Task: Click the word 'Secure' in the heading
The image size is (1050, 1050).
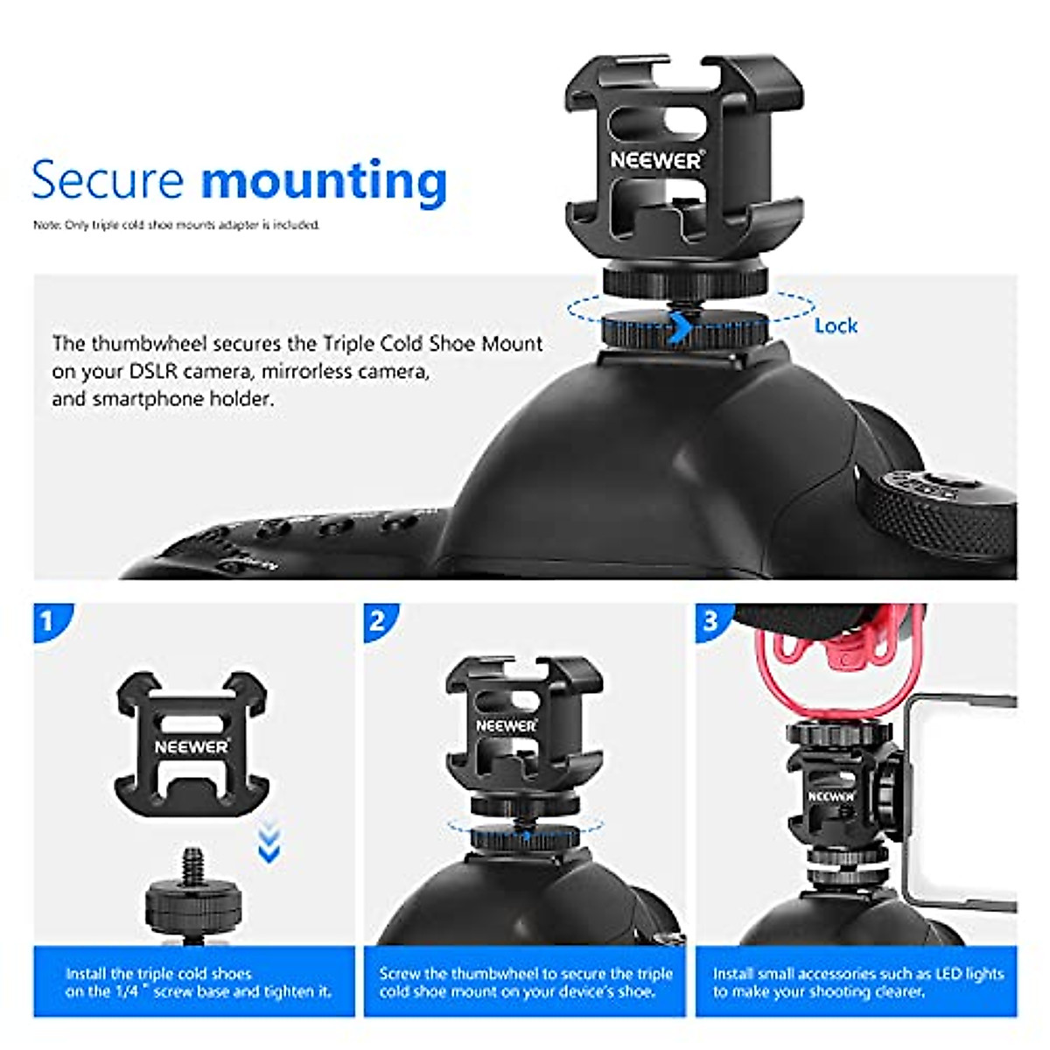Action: pyautogui.click(x=107, y=180)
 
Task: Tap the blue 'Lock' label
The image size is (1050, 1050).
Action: pyautogui.click(x=835, y=325)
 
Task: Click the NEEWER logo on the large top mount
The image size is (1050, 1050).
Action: pyautogui.click(x=656, y=160)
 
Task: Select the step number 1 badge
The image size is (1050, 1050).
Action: pyautogui.click(x=48, y=622)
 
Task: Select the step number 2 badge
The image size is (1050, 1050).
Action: pyautogui.click(x=378, y=622)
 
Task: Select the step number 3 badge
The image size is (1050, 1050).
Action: pyautogui.click(x=710, y=622)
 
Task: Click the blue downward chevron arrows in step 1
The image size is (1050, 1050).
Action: pyautogui.click(x=269, y=843)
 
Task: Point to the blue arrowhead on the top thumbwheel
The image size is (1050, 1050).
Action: pyautogui.click(x=679, y=330)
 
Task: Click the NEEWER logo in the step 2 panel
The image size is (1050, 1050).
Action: pyautogui.click(x=506, y=725)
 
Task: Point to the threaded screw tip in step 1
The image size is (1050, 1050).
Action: pyautogui.click(x=192, y=863)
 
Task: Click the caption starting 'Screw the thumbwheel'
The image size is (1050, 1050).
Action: pyautogui.click(x=525, y=982)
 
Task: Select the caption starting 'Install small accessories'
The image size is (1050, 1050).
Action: pyautogui.click(x=857, y=982)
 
